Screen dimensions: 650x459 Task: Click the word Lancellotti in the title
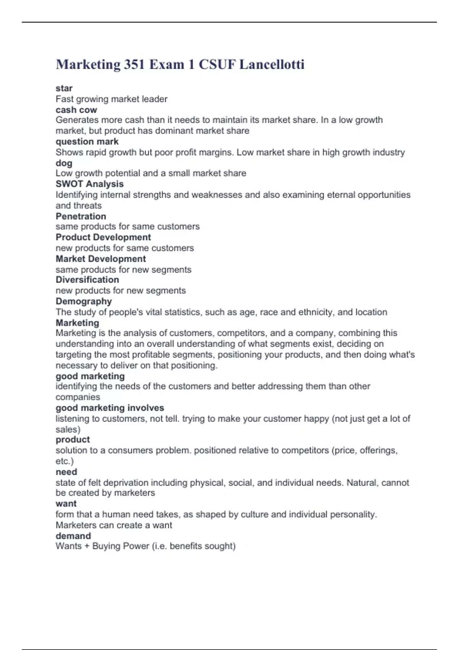pyautogui.click(x=272, y=64)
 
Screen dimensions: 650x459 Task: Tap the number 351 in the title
pyautogui.click(x=133, y=64)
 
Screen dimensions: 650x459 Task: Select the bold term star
pyautogui.click(x=64, y=88)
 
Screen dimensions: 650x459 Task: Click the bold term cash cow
pyautogui.click(x=76, y=110)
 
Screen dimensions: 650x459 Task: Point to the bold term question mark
pyautogui.click(x=87, y=141)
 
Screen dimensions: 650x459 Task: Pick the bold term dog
pyautogui.click(x=64, y=163)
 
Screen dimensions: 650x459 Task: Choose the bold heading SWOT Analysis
pyautogui.click(x=90, y=184)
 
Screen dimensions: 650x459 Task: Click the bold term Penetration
pyautogui.click(x=81, y=216)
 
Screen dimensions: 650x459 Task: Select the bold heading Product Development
pyautogui.click(x=103, y=237)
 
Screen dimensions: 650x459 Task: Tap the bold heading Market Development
pyautogui.click(x=101, y=258)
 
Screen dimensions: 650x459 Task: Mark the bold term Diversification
pyautogui.click(x=87, y=279)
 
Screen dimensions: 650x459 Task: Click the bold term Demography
pyautogui.click(x=83, y=301)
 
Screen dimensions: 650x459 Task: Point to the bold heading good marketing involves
pyautogui.click(x=110, y=408)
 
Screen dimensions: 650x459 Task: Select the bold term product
pyautogui.click(x=73, y=439)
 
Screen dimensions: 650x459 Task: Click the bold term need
pyautogui.click(x=66, y=472)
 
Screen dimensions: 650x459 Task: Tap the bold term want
pyautogui.click(x=66, y=504)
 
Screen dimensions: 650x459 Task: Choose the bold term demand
pyautogui.click(x=73, y=536)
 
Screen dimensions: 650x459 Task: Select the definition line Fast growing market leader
pyautogui.click(x=111, y=99)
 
